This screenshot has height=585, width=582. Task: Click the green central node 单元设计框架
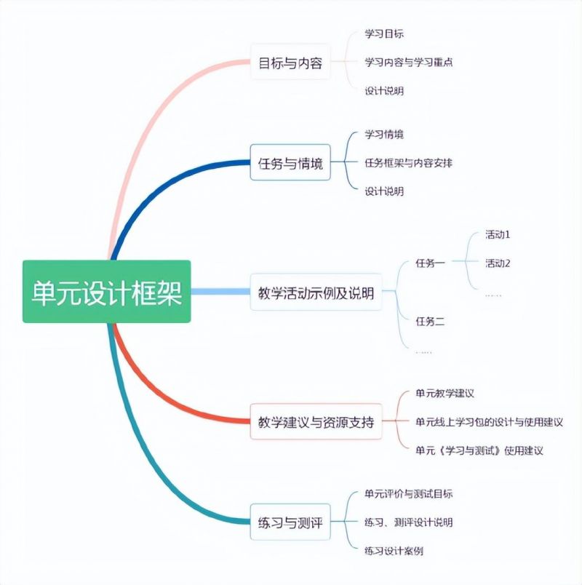pyautogui.click(x=106, y=292)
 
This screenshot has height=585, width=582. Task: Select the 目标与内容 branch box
pyautogui.click(x=290, y=63)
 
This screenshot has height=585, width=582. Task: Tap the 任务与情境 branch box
pyautogui.click(x=290, y=163)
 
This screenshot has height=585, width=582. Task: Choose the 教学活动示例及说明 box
pyautogui.click(x=316, y=292)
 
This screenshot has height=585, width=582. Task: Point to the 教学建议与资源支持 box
pyautogui.click(x=316, y=421)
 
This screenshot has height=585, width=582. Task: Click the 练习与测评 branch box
pyautogui.click(x=290, y=522)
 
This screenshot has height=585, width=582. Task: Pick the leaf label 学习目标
pyautogui.click(x=384, y=34)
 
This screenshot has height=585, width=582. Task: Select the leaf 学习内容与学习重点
pyautogui.click(x=409, y=63)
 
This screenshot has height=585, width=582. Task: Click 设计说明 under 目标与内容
pyautogui.click(x=384, y=91)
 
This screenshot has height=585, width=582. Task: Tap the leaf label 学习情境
pyautogui.click(x=384, y=135)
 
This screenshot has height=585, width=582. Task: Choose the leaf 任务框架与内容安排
pyautogui.click(x=408, y=163)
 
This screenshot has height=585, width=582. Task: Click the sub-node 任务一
pyautogui.click(x=430, y=263)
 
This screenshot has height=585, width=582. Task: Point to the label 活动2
pyautogui.click(x=498, y=263)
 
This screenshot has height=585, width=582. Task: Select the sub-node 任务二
pyautogui.click(x=430, y=321)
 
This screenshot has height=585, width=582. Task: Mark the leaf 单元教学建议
pyautogui.click(x=445, y=394)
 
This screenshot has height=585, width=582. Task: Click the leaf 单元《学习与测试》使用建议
pyautogui.click(x=479, y=450)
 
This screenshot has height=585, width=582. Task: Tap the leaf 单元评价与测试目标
pyautogui.click(x=409, y=494)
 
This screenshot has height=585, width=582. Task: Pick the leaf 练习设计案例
pyautogui.click(x=394, y=551)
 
